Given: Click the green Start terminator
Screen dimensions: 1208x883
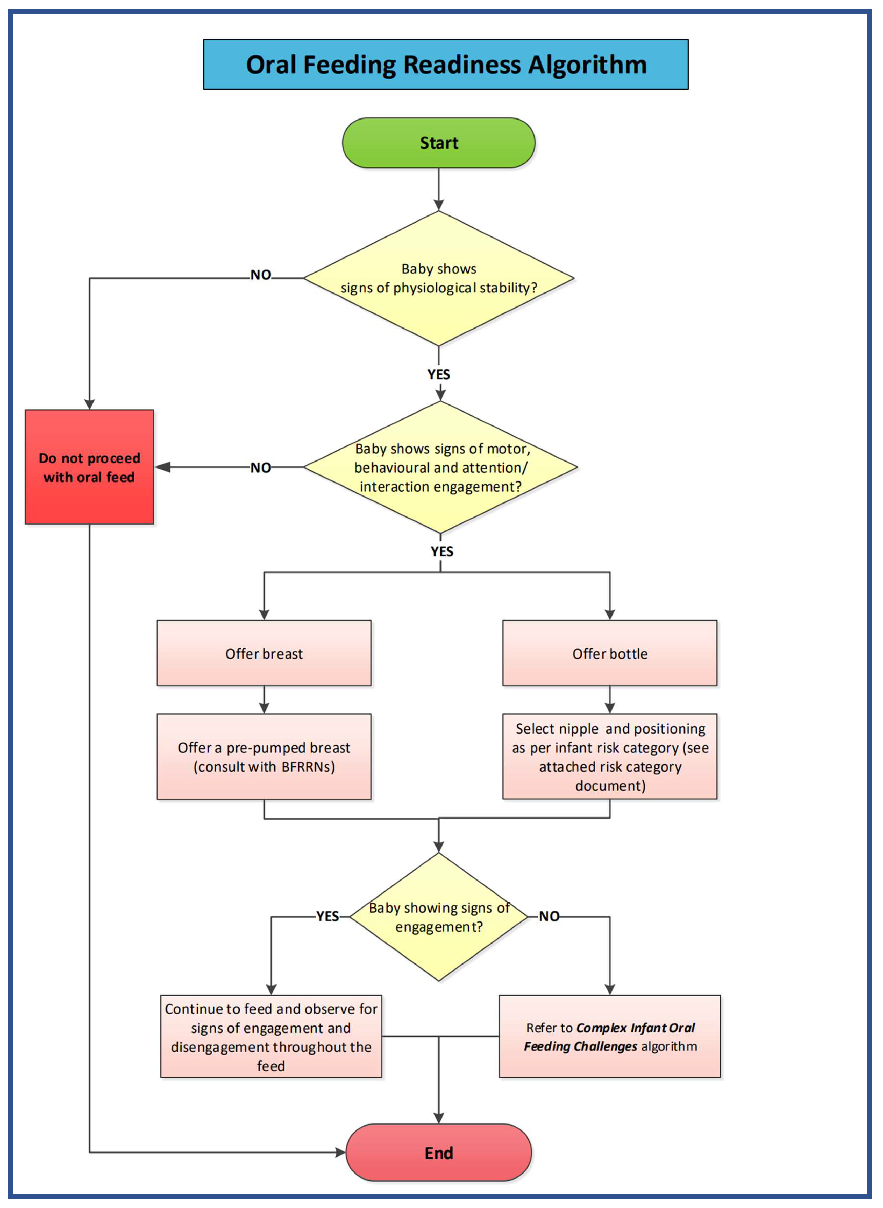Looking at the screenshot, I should [438, 143].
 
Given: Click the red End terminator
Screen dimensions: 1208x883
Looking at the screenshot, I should [438, 1153].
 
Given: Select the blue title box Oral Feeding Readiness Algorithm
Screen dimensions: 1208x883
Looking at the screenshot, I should [446, 64].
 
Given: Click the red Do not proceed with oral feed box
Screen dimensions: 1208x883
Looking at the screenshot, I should [89, 467].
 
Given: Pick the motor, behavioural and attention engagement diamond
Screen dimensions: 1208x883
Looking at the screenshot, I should [440, 467].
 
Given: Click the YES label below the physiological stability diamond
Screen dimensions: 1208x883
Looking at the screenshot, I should [438, 374].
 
